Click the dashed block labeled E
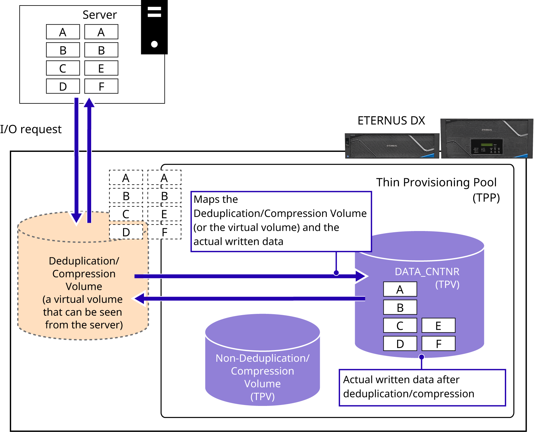(164, 214)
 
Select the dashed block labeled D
(126, 232)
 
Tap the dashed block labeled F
(164, 232)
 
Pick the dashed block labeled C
(126, 214)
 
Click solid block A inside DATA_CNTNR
(400, 289)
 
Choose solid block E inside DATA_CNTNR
(438, 325)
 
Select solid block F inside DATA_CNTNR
(438, 343)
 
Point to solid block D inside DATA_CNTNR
(400, 343)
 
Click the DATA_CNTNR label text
(427, 272)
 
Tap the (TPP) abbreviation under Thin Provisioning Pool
(486, 198)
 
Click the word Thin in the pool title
(388, 182)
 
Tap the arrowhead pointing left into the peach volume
(139, 299)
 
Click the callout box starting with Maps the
(281, 221)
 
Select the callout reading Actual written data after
(422, 387)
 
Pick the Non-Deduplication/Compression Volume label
(262, 377)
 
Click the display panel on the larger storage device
(487, 146)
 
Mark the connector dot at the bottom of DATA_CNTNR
(422, 357)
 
